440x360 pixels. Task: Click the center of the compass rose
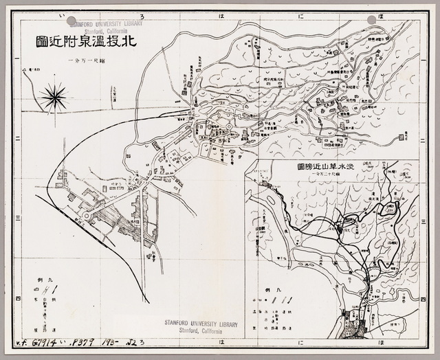(53, 97)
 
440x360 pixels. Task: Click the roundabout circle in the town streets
(88, 215)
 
